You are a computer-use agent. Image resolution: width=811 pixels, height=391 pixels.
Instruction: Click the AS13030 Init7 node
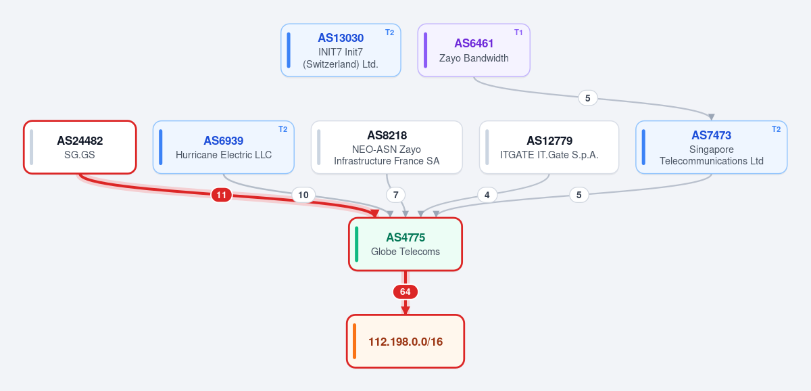[x=341, y=50]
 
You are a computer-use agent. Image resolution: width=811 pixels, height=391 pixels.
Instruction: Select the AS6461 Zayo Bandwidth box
[x=474, y=50]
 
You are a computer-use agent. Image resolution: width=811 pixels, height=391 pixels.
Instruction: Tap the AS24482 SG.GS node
[x=80, y=147]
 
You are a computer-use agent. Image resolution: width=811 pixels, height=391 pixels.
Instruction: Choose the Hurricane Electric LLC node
[x=224, y=147]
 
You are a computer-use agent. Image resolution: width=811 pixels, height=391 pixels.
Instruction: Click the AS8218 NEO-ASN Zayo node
[x=387, y=147]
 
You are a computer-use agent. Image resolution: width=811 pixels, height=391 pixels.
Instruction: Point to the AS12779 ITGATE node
[x=549, y=147]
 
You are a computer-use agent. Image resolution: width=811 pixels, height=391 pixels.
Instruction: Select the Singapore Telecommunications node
[x=712, y=147]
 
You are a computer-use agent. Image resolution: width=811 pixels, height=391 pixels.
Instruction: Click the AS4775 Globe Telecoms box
[x=405, y=244]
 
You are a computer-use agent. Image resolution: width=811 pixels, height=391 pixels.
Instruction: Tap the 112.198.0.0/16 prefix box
[x=405, y=342]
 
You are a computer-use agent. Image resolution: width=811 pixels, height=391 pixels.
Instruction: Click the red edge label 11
[x=221, y=195]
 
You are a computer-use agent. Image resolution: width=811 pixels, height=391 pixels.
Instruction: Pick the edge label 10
[x=303, y=195]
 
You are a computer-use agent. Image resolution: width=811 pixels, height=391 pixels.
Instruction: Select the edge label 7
[x=396, y=195]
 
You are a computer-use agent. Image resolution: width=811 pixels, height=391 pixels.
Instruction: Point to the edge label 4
[x=487, y=195]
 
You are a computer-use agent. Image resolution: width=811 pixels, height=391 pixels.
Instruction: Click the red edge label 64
[x=405, y=292]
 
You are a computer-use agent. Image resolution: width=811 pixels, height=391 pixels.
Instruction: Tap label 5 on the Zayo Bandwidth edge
[x=587, y=98]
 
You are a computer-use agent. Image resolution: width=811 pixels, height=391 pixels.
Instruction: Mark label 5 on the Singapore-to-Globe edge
[x=579, y=195]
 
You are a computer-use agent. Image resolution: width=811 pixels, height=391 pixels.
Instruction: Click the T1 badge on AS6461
[x=518, y=32]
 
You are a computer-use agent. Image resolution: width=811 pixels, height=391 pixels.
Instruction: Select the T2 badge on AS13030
[x=389, y=32]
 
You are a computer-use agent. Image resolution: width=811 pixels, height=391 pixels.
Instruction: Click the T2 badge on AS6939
[x=282, y=129]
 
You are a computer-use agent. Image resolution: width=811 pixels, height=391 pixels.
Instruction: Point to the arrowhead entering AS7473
[x=712, y=117]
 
